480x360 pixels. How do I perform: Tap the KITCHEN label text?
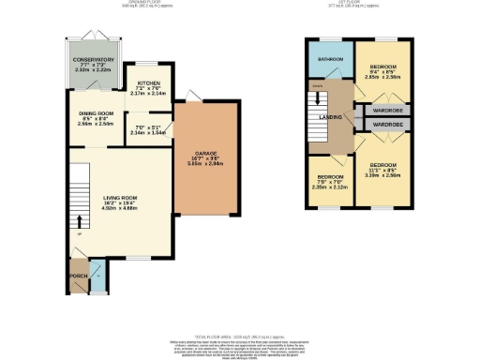tap(148, 82)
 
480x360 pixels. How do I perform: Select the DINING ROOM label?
tap(96, 112)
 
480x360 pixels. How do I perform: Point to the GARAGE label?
tap(206, 152)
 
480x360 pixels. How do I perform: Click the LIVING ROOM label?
tap(120, 198)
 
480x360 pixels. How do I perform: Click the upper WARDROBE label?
tap(388, 110)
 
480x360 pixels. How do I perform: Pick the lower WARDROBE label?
tap(388, 125)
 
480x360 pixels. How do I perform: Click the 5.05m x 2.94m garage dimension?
tap(206, 163)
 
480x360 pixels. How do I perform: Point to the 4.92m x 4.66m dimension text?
tap(120, 209)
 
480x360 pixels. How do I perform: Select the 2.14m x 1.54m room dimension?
tap(150, 134)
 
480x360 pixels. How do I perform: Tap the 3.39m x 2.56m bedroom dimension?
tap(384, 174)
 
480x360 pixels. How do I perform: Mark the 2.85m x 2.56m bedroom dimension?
tap(383, 78)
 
